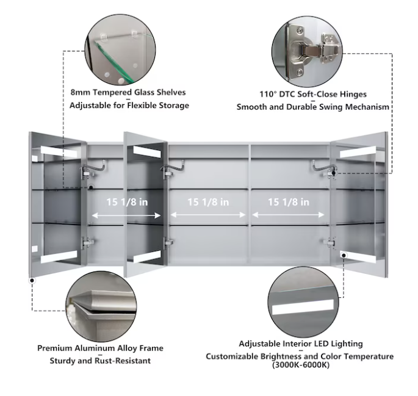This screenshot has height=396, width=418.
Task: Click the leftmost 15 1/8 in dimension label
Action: [126, 202]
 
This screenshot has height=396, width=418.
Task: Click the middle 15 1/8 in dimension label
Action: [208, 202]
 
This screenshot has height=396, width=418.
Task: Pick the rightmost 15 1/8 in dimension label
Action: [289, 202]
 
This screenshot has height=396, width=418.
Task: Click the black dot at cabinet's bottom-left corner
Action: [31, 281]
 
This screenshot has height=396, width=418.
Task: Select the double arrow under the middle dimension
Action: [208, 215]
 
